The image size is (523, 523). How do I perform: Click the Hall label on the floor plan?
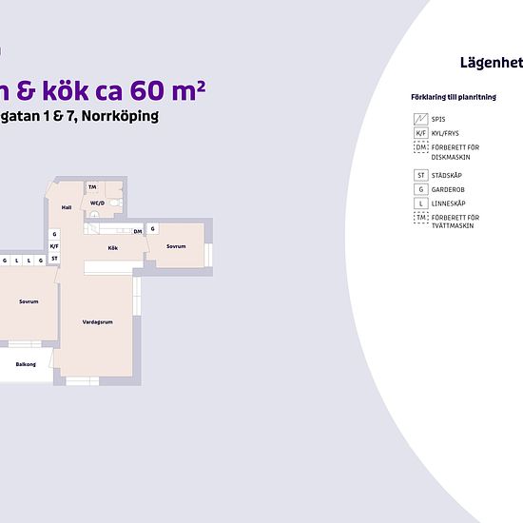[x=67, y=206]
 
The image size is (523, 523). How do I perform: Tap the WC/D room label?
[x=97, y=203]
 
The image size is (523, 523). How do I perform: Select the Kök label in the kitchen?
[x=112, y=247]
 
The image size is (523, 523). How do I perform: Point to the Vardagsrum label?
[x=97, y=322]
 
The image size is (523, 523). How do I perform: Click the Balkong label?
[x=26, y=364]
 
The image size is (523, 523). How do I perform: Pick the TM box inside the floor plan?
[x=93, y=187]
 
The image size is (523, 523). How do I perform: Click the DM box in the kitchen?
[x=138, y=231]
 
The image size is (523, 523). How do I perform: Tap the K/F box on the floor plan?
[x=54, y=246]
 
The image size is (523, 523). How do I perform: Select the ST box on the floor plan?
[x=54, y=259]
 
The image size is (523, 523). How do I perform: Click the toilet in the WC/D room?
[x=114, y=203]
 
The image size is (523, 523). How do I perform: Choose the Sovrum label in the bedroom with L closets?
[x=29, y=301]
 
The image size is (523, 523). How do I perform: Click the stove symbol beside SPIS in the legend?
[x=420, y=119]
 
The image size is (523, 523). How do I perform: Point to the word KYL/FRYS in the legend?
[x=445, y=134]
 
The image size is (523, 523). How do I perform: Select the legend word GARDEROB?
[x=447, y=189]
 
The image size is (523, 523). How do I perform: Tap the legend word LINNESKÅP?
[x=448, y=203]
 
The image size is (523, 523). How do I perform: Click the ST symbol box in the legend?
[x=420, y=175]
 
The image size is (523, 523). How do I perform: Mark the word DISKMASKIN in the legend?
[x=450, y=157]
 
